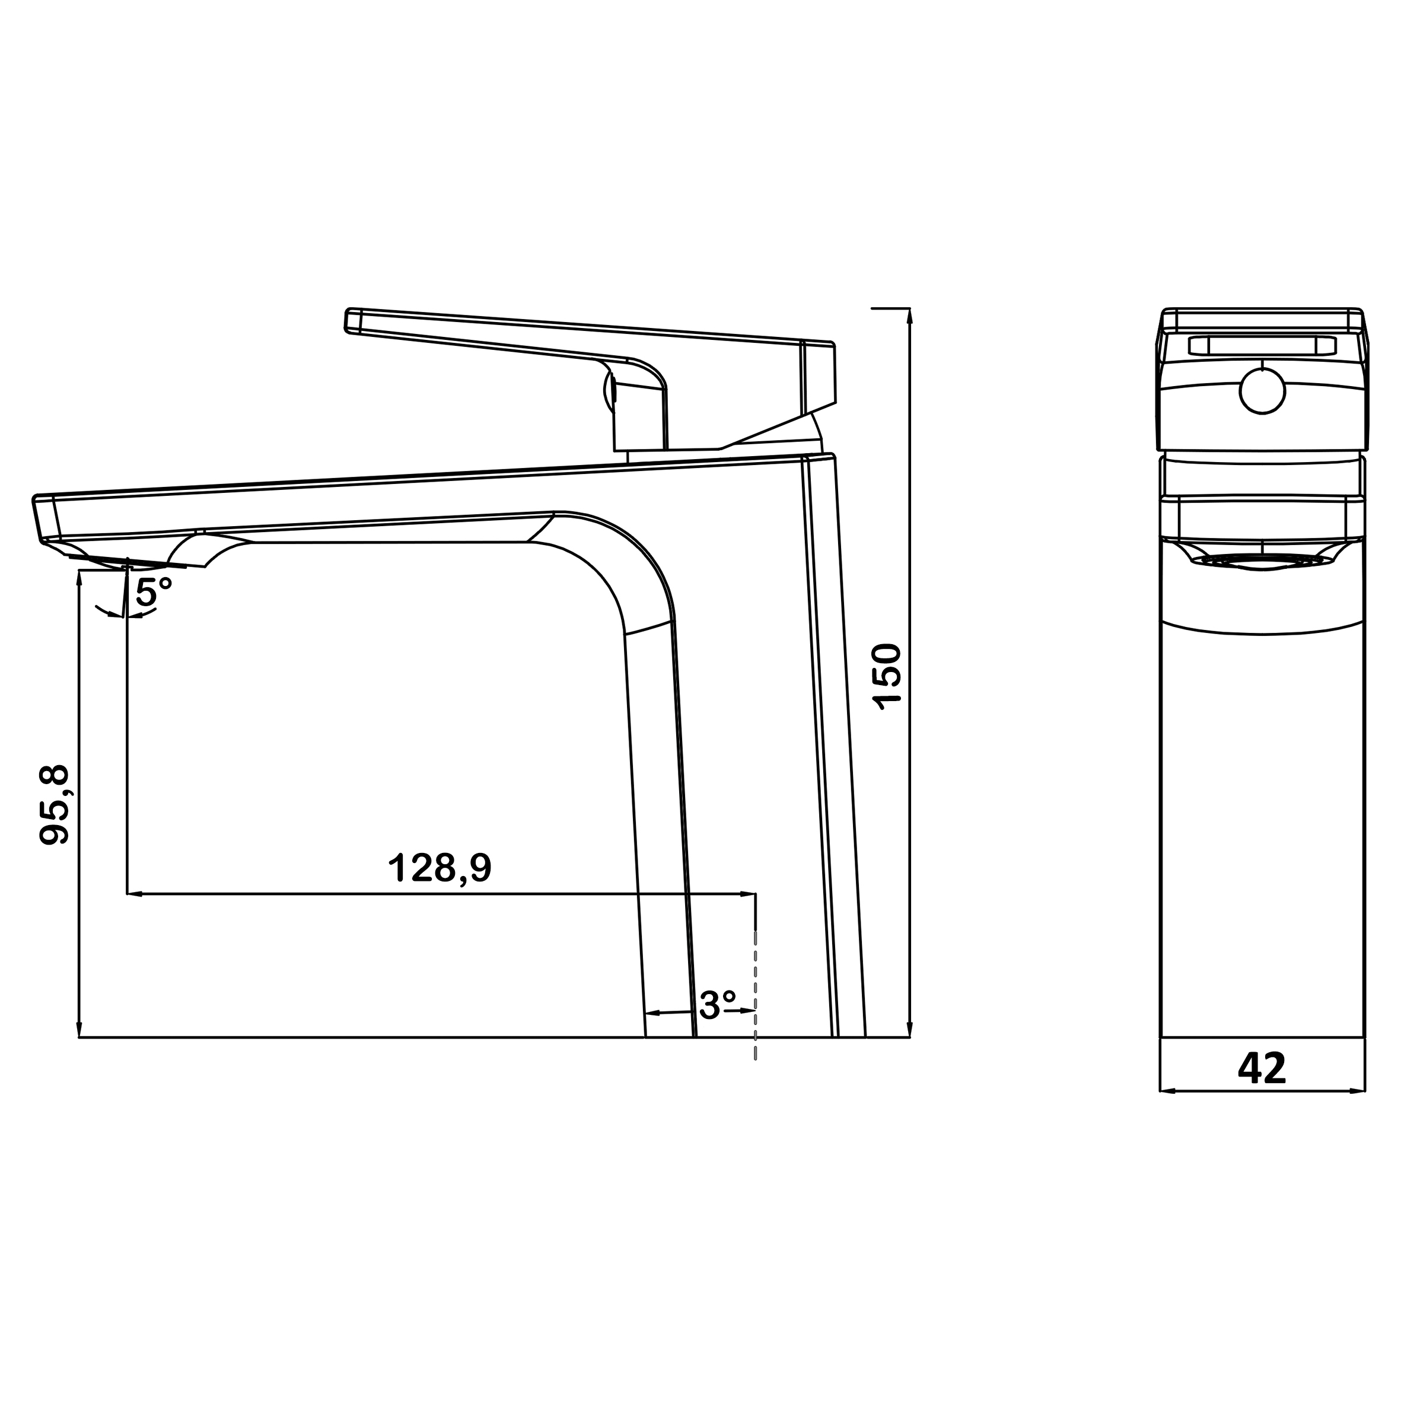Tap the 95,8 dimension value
pos(55,805)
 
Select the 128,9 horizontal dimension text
pos(440,867)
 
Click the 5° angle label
pos(154,593)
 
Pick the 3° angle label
pos(718,1005)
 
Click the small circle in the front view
pos(1262,391)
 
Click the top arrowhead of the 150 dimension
pos(910,315)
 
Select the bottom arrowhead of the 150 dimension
pos(910,1030)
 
